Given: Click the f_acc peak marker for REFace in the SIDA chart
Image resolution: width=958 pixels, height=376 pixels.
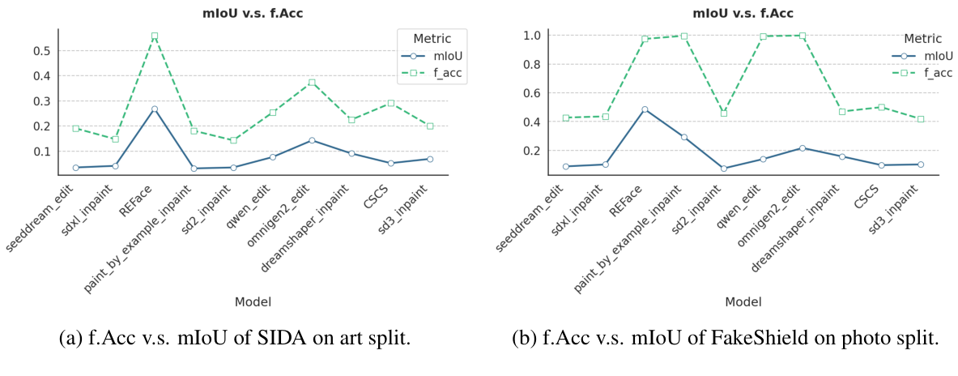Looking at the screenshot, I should point(154,36).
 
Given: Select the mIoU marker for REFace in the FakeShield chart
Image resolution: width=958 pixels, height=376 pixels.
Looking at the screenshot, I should point(645,109).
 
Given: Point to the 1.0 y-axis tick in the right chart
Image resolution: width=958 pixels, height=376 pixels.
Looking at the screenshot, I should point(531,36).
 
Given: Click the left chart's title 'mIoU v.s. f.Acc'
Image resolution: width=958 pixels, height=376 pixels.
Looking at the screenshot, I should point(253,12).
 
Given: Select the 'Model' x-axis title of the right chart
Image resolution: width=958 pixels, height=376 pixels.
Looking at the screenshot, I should point(743,301).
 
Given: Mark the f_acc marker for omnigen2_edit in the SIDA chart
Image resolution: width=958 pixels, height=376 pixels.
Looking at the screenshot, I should point(312,83).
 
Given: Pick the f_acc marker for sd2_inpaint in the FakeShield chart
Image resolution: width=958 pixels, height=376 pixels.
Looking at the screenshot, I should point(723,113).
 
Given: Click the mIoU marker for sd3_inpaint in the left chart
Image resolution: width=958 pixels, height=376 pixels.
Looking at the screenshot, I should point(430,159).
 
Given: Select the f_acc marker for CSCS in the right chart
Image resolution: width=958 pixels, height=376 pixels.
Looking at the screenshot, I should point(881,107).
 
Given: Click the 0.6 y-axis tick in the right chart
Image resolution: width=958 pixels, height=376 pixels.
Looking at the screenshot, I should point(531,93).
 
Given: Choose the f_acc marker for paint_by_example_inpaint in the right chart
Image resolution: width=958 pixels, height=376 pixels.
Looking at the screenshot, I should point(684,36).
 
